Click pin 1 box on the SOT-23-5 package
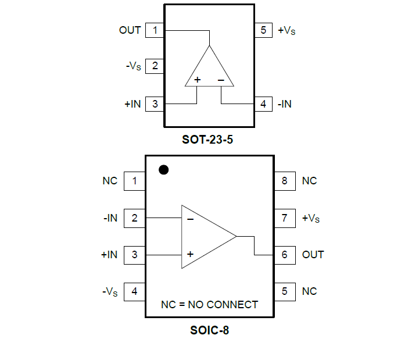[155, 30]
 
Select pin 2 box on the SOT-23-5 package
[155, 66]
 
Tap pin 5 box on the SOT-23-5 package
[263, 30]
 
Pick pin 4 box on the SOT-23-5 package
[263, 105]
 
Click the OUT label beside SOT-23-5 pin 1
[130, 30]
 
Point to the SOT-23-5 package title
[209, 140]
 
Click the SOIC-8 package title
[209, 331]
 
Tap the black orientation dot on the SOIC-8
[164, 170]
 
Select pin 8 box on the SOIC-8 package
[284, 181]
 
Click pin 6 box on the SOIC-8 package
[284, 255]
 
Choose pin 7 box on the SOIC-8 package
[284, 218]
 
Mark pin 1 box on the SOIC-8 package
[134, 181]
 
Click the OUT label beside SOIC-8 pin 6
[313, 255]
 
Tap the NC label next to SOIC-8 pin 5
[309, 291]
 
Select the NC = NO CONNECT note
[209, 305]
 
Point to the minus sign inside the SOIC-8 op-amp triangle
[190, 220]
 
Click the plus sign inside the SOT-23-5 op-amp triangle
[198, 80]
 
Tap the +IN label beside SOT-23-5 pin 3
[132, 105]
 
